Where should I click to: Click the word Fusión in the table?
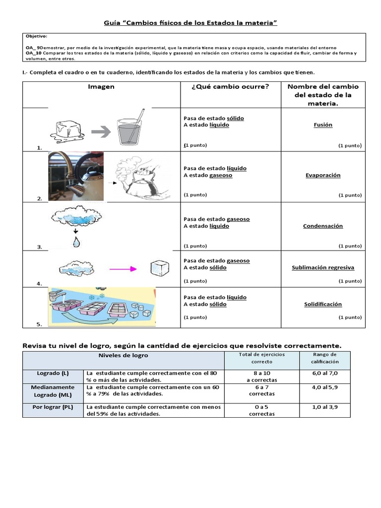[x=323, y=125]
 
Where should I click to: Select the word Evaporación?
[x=323, y=175]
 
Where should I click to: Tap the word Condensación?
[x=323, y=226]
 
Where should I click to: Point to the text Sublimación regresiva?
[x=323, y=267]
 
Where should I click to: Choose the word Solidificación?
[x=323, y=304]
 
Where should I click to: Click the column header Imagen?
[x=101, y=86]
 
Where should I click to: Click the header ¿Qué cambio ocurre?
[x=230, y=86]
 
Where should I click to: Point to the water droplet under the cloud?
[x=75, y=242]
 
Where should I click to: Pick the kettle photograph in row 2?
[x=76, y=176]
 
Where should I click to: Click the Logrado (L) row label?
[x=53, y=373]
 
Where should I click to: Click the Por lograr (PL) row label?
[x=53, y=407]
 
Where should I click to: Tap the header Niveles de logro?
[x=123, y=355]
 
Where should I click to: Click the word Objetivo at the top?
[x=36, y=36]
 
